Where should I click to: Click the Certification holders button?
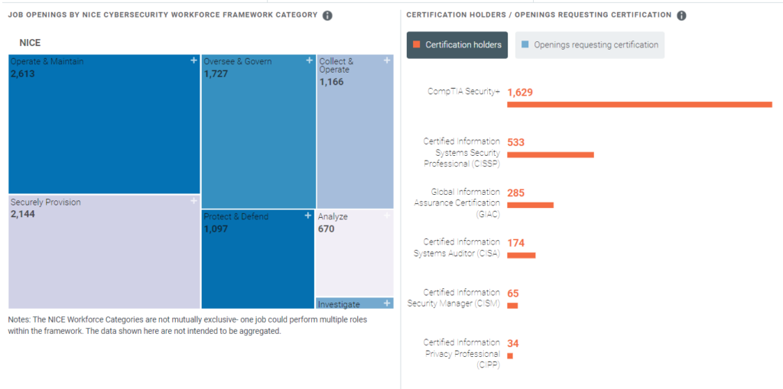coord(458,45)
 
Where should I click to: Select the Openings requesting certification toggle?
coord(590,45)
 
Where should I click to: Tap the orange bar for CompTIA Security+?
coord(639,104)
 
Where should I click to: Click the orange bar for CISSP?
coord(551,154)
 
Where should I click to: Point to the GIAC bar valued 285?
coord(530,205)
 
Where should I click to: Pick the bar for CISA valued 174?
coord(521,255)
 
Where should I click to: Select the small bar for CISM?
coord(512,306)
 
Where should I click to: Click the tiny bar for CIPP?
coord(510,355)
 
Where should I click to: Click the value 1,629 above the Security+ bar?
coord(520,92)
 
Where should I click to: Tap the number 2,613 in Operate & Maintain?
coord(23,74)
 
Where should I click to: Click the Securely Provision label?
coord(45,203)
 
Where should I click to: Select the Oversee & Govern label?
coord(237,62)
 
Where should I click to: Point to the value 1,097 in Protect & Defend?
coord(216,229)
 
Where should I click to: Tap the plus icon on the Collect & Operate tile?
coord(387,60)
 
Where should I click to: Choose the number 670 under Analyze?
coord(327,229)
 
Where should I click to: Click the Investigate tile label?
coord(339,304)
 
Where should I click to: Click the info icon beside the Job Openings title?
coord(327,15)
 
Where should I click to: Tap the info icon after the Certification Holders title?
coord(681,15)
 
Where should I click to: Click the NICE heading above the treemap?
coord(30,44)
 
